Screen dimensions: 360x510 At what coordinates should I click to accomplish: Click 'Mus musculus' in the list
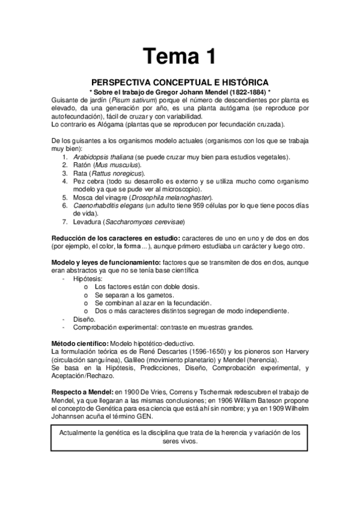pos(120,165)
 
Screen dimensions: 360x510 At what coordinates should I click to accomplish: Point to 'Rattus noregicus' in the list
pos(124,173)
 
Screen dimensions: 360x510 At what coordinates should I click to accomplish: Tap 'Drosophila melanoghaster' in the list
pos(171,197)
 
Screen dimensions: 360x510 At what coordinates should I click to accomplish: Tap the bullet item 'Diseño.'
pos(84,319)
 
